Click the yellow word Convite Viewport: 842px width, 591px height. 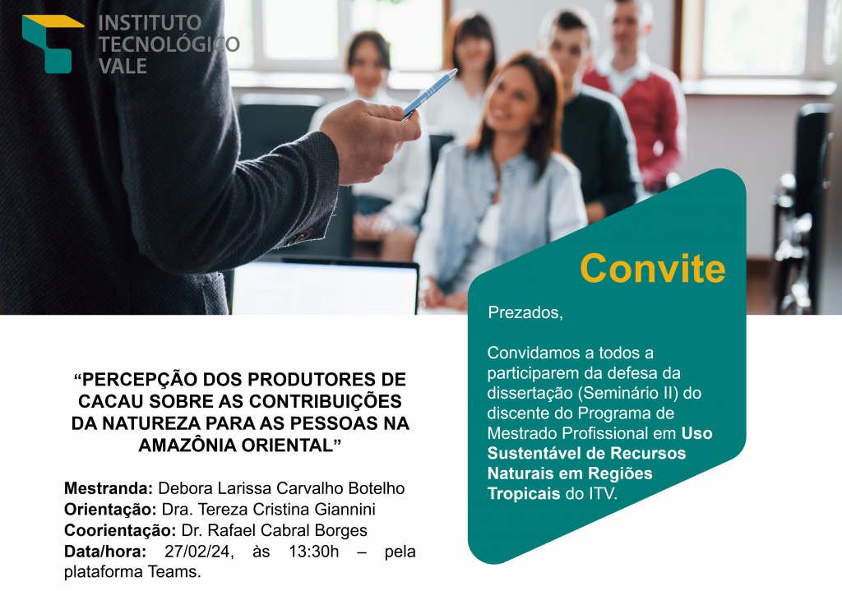point(652,268)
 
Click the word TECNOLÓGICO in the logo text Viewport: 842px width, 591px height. point(169,44)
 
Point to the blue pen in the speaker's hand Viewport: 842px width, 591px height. point(429,94)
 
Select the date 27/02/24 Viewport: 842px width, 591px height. point(199,552)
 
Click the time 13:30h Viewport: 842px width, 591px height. point(313,552)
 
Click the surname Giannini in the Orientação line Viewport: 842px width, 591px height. point(345,509)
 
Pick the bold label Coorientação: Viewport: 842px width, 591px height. point(120,530)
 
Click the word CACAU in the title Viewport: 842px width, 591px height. point(111,401)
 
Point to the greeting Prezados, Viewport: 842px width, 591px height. point(525,312)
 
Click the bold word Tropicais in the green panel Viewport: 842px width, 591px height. point(524,493)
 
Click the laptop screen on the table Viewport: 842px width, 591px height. point(324,287)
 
